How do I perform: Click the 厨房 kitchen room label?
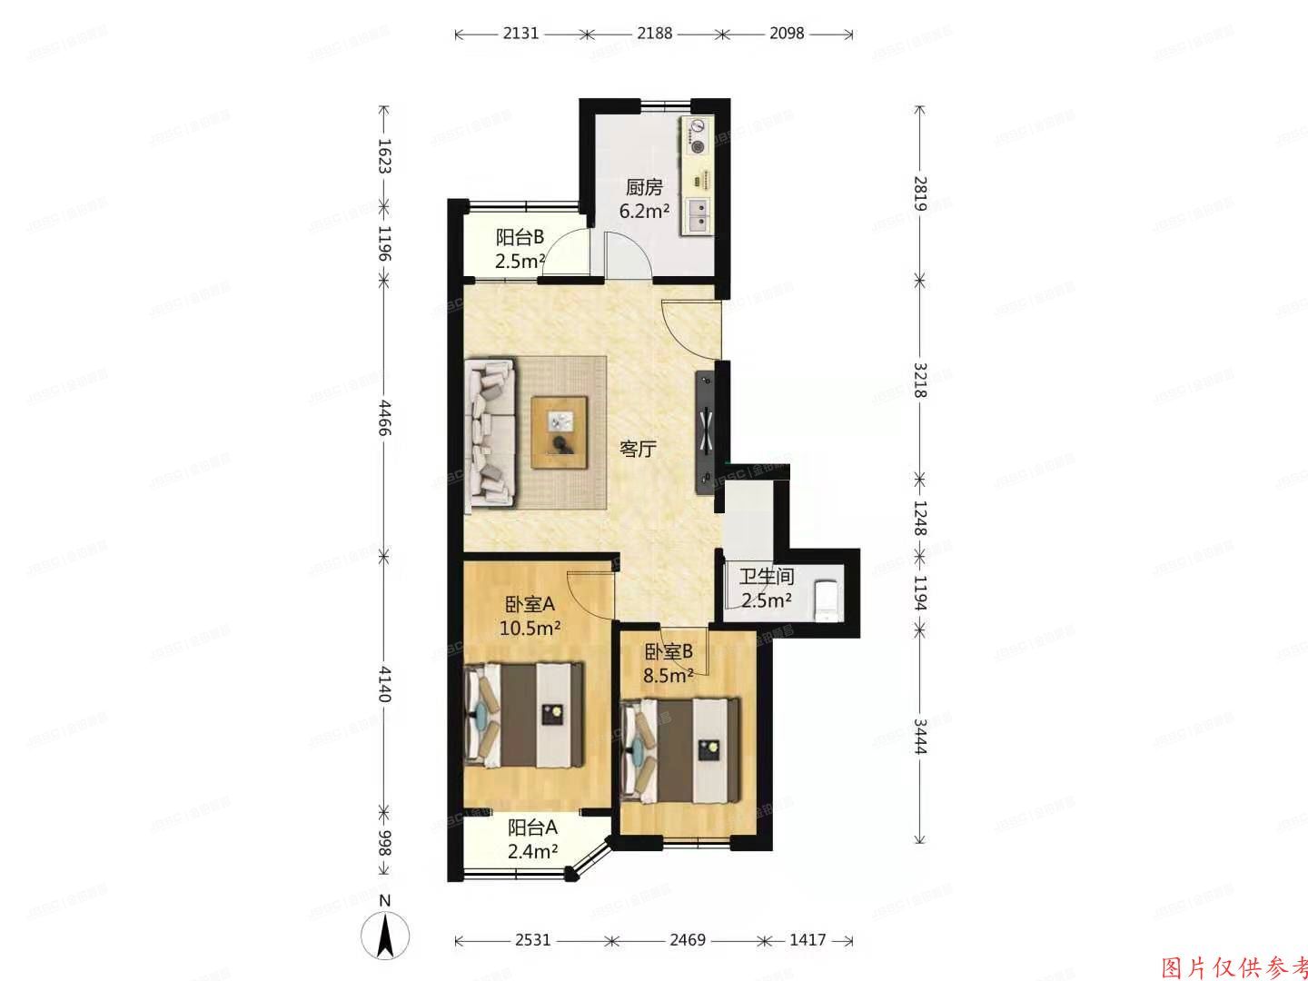click(644, 188)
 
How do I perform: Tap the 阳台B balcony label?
click(520, 238)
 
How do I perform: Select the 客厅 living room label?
click(638, 449)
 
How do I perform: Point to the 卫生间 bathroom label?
click(767, 577)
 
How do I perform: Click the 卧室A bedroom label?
click(530, 604)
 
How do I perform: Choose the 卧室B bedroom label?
click(669, 651)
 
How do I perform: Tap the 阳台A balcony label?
click(532, 827)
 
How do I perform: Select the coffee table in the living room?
click(559, 432)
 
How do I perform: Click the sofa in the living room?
click(490, 432)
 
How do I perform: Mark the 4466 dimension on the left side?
click(384, 418)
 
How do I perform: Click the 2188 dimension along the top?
click(654, 34)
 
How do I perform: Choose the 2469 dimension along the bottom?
click(688, 939)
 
